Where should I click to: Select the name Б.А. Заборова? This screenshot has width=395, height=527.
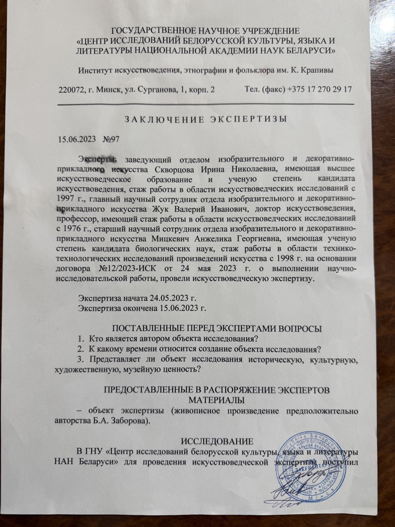point(128,421)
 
